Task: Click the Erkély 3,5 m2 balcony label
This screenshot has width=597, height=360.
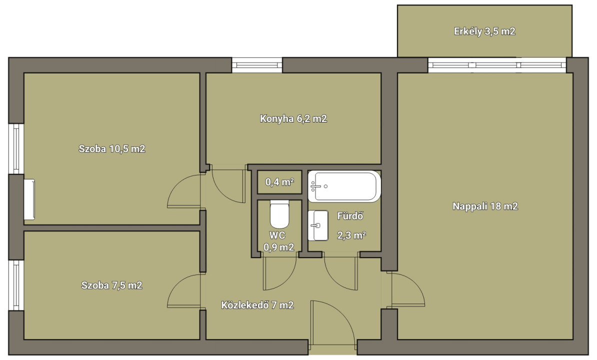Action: click(484, 31)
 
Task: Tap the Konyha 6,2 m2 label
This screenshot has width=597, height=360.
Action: click(293, 118)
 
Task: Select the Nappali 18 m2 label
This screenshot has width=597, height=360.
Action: click(485, 206)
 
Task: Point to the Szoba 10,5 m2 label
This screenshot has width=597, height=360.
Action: click(112, 149)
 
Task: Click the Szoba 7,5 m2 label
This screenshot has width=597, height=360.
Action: click(112, 285)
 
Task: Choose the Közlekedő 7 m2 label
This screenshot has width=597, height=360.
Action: click(257, 305)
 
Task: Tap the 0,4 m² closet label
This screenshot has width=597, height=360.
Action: click(279, 182)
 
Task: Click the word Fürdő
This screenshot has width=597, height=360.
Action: click(350, 216)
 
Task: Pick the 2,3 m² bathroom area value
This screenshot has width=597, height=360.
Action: click(351, 235)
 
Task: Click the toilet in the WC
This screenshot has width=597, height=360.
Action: click(279, 214)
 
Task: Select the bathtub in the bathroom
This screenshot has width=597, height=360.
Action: click(344, 186)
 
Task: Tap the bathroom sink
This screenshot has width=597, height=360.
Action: click(318, 225)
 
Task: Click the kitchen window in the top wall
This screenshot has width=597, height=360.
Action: click(257, 65)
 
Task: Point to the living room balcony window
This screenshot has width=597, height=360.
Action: click(497, 65)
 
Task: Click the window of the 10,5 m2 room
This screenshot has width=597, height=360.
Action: click(16, 149)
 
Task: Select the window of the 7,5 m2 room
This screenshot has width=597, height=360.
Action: click(16, 285)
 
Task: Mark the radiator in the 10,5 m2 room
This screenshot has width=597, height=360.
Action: click(29, 199)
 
